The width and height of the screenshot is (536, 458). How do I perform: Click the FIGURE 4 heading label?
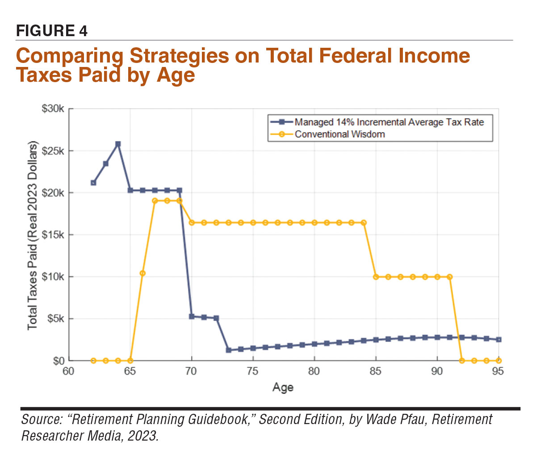pyautogui.click(x=52, y=31)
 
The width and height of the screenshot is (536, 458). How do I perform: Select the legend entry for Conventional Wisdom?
pyautogui.click(x=339, y=134)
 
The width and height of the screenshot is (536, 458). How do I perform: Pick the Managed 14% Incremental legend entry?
pyautogui.click(x=389, y=122)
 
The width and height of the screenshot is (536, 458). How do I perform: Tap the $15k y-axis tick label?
pyautogui.click(x=53, y=235)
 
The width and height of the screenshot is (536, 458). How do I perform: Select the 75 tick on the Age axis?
pyautogui.click(x=253, y=371)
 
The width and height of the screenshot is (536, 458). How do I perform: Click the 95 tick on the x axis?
pyautogui.click(x=498, y=371)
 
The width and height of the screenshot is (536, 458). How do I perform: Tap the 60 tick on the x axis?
pyautogui.click(x=69, y=371)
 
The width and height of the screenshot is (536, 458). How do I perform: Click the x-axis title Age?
pyautogui.click(x=283, y=387)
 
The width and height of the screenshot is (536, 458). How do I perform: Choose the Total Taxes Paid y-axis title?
pyautogui.click(x=33, y=235)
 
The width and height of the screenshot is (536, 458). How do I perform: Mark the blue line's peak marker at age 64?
pyautogui.click(x=118, y=144)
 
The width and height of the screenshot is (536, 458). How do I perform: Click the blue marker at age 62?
pyautogui.click(x=93, y=183)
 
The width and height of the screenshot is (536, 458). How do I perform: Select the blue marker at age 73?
pyautogui.click(x=228, y=350)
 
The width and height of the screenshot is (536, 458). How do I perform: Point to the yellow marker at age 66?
pyautogui.click(x=142, y=273)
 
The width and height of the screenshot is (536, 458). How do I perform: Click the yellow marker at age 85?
pyautogui.click(x=376, y=277)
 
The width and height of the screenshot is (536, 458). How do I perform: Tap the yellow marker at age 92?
pyautogui.click(x=462, y=360)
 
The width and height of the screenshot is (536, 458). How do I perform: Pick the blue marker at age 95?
pyautogui.click(x=498, y=340)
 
